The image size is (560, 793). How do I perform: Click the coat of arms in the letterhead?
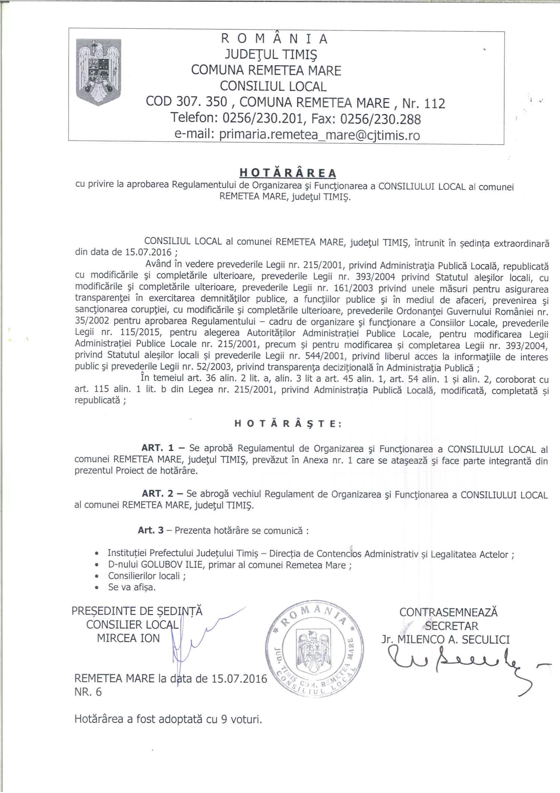click(x=99, y=72)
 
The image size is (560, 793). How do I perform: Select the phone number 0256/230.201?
click(x=263, y=119)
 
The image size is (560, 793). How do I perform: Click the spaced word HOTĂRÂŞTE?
click(x=288, y=424)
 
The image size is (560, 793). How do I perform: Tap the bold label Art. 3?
click(x=150, y=530)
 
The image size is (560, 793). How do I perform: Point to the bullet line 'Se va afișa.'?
click(x=132, y=587)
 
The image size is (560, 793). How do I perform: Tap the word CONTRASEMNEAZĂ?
click(x=448, y=612)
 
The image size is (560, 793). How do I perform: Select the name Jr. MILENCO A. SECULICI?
click(x=445, y=640)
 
